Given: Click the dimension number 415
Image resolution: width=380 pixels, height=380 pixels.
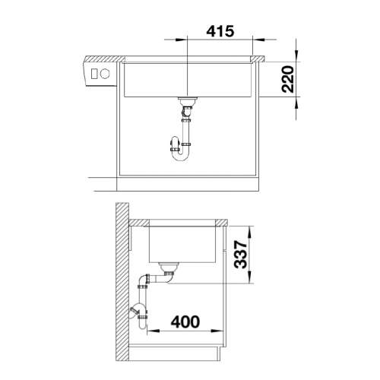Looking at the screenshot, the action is pyautogui.click(x=220, y=31).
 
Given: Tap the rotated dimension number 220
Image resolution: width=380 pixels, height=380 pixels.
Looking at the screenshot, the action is pyautogui.click(x=288, y=79).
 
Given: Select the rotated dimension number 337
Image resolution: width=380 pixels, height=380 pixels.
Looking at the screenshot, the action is pyautogui.click(x=240, y=255).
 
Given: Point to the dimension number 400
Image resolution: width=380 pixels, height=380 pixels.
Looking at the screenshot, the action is pyautogui.click(x=185, y=321).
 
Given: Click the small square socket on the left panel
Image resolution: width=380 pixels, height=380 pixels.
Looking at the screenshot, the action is pyautogui.click(x=94, y=74).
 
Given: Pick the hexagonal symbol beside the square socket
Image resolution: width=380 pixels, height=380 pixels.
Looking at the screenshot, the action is pyautogui.click(x=104, y=74).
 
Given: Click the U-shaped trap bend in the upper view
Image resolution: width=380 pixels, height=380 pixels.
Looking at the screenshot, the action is pyautogui.click(x=180, y=155).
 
